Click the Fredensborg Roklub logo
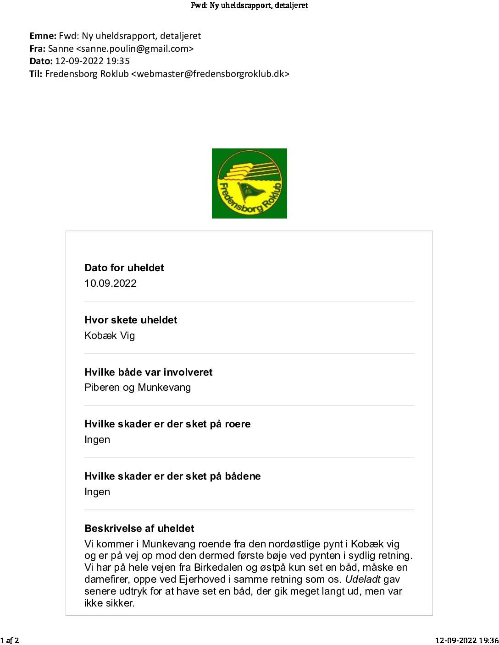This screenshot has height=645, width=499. click(249, 183)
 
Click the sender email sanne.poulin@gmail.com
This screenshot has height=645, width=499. click(135, 49)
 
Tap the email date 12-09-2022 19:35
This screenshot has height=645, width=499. click(92, 61)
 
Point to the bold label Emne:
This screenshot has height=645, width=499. click(43, 36)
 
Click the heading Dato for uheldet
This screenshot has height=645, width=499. click(124, 268)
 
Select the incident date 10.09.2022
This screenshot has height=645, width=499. click(111, 283)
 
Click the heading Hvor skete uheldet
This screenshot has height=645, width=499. click(131, 320)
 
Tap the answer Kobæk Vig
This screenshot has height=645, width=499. click(110, 335)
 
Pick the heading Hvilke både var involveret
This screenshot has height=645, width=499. click(148, 372)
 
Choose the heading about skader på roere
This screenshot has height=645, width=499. click(167, 424)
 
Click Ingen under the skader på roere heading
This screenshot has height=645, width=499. click(97, 440)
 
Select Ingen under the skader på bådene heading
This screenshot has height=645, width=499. click(97, 492)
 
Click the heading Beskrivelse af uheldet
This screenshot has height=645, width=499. click(139, 529)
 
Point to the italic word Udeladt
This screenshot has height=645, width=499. click(362, 579)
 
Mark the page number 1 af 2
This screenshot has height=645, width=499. click(10, 640)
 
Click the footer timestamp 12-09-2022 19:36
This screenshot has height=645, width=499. click(466, 640)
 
